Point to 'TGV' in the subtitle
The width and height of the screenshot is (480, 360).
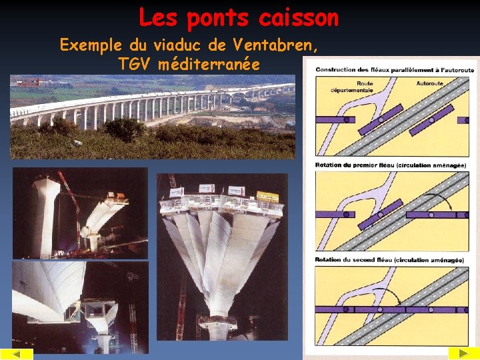pos(136,65)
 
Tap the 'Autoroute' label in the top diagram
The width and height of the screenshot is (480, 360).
pos(430,83)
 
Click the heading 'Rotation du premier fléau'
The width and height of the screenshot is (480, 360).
pos(355,165)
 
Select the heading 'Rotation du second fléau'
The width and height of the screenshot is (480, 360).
pos(354,259)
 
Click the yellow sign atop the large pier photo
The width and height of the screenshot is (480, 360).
pos(267,196)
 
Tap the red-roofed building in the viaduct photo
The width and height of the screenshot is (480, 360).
pos(27,83)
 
